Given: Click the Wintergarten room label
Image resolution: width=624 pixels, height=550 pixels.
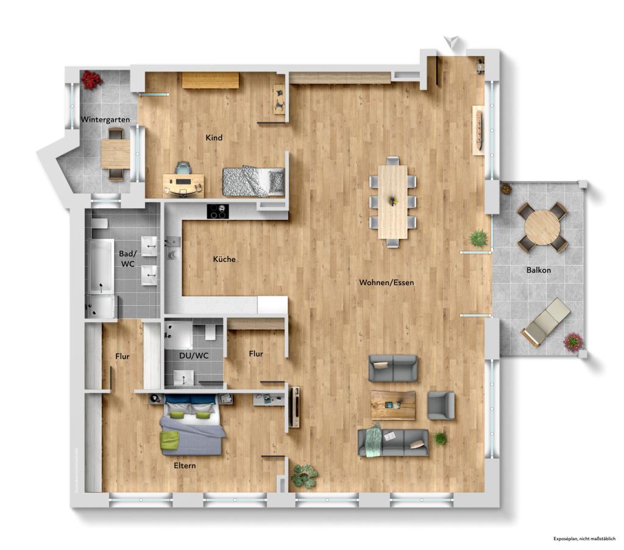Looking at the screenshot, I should (x=105, y=120).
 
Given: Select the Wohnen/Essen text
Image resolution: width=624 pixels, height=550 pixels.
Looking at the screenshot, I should (x=386, y=283).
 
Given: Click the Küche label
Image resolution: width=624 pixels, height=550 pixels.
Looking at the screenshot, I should (x=224, y=259).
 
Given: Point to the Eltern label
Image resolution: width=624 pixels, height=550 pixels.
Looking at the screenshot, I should (x=183, y=465).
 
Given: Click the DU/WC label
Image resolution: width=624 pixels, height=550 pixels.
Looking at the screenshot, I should (x=190, y=354).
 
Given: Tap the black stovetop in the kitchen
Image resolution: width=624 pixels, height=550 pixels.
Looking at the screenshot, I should (x=218, y=211).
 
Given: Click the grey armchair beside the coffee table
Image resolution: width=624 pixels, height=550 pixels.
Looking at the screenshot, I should (x=441, y=405).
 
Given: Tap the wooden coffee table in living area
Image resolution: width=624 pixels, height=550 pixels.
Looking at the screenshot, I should (x=393, y=405).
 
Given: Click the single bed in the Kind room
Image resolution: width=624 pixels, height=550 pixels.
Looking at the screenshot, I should (x=253, y=182).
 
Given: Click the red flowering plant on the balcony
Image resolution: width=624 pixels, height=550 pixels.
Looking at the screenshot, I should (x=573, y=342).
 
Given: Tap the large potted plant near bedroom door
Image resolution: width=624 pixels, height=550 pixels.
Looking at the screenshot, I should (x=304, y=476).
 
